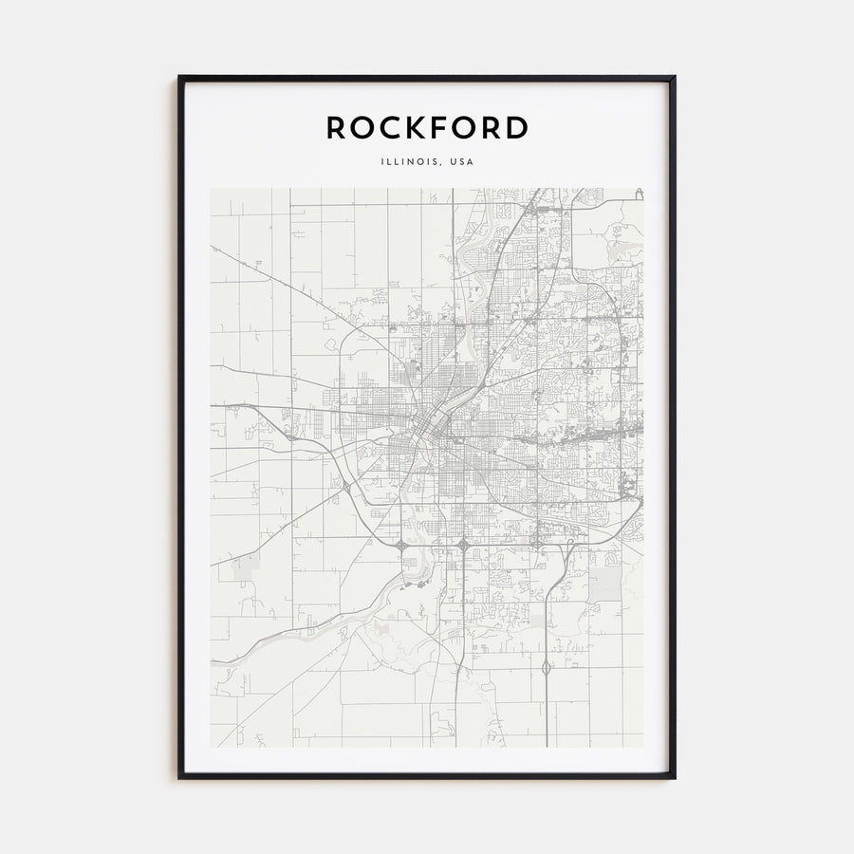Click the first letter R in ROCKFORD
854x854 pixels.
point(338,128)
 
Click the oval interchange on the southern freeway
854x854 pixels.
point(548,669)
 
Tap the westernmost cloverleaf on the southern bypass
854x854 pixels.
point(403,546)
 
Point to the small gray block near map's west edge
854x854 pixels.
point(246,568)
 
